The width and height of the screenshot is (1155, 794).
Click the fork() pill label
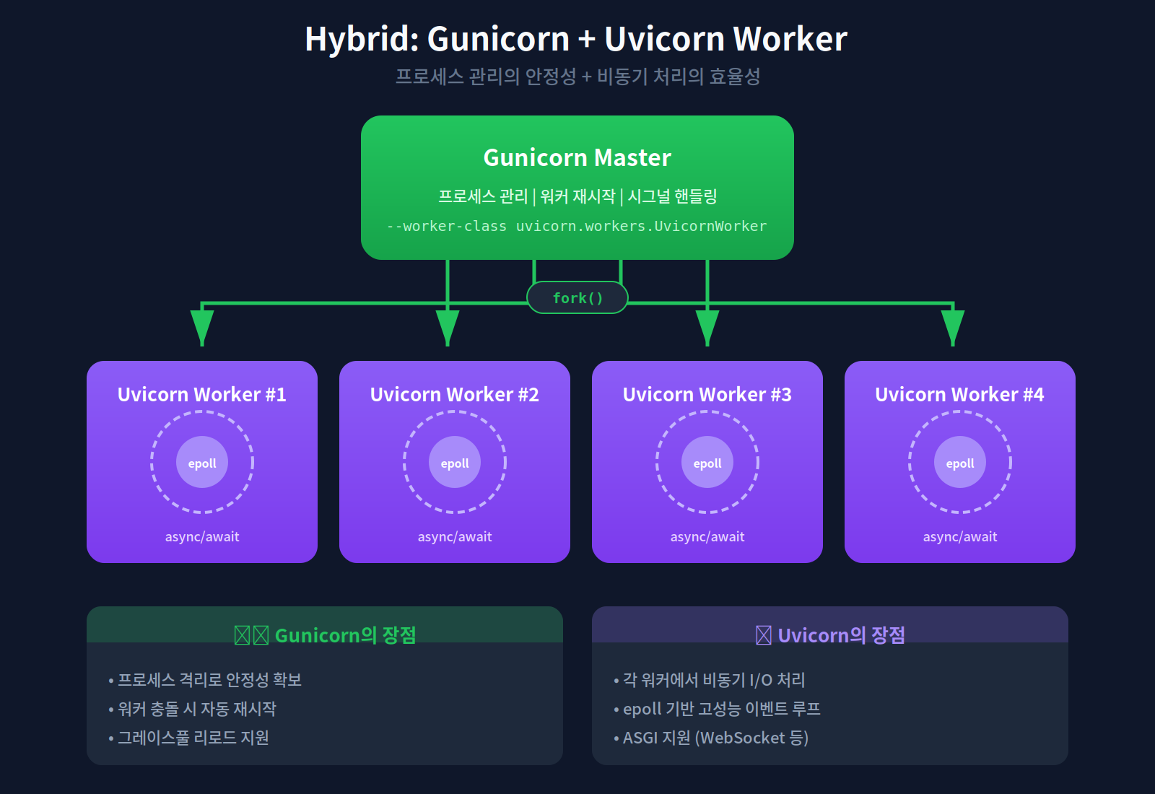(x=577, y=298)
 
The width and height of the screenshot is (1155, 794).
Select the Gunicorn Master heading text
(x=577, y=157)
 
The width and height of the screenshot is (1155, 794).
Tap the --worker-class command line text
(x=577, y=226)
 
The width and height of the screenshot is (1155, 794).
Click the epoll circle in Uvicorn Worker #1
(x=202, y=463)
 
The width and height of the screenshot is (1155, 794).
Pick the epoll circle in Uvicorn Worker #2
(x=455, y=463)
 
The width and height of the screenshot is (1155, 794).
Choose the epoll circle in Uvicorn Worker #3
(x=707, y=463)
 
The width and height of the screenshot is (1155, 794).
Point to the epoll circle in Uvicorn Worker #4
(x=960, y=463)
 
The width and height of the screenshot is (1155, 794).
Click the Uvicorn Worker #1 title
(x=202, y=394)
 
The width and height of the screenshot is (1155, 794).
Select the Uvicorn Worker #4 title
(x=959, y=394)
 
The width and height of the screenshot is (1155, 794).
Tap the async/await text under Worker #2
(x=455, y=536)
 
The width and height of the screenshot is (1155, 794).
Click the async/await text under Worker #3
(x=707, y=536)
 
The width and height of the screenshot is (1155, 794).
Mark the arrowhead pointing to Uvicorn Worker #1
(x=202, y=326)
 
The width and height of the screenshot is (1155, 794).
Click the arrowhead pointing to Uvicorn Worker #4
(x=953, y=326)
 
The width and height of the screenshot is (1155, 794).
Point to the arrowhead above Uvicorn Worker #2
(x=448, y=326)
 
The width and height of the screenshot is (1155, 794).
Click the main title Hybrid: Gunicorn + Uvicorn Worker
(x=576, y=39)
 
